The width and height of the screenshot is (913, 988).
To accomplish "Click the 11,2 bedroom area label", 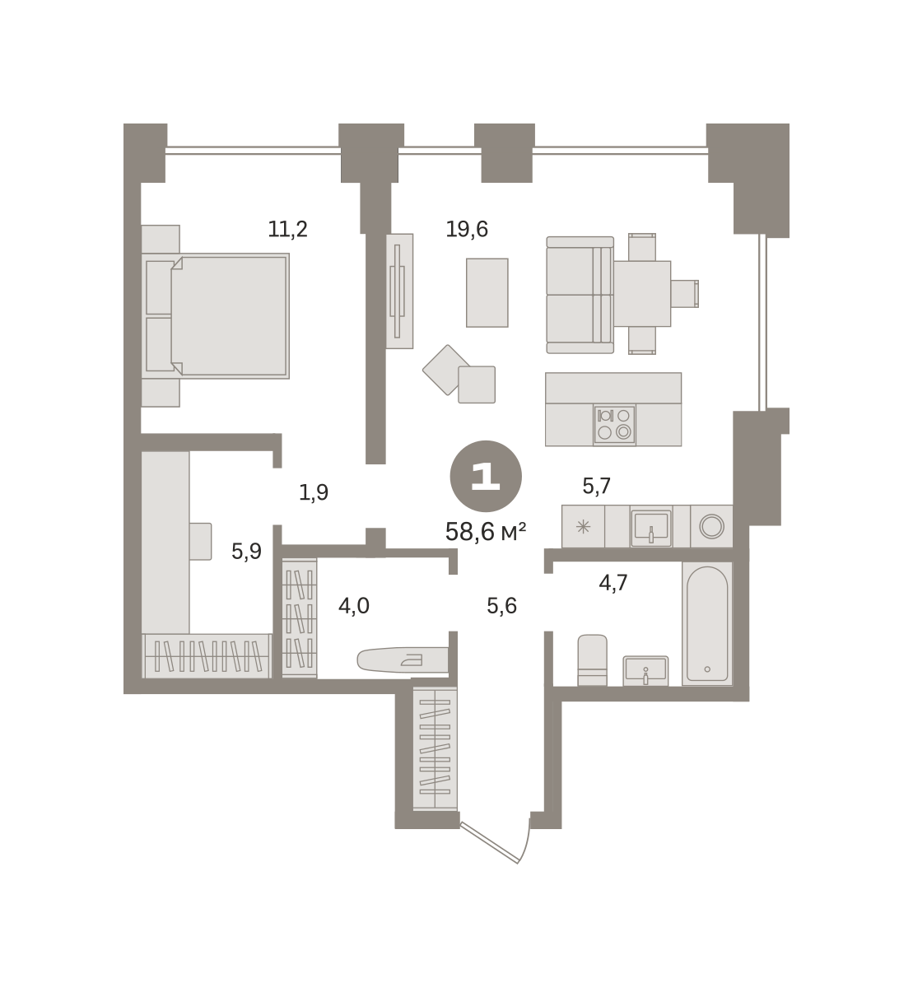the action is coord(287,230).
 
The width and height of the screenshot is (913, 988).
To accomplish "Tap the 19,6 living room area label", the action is coord(467,230).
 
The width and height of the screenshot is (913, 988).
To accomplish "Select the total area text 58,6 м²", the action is coord(486,532).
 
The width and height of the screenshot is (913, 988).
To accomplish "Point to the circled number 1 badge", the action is coord(486,476).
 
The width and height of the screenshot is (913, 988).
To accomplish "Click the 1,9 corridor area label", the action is coord(314,492).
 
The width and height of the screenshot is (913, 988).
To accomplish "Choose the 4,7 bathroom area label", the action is coord(613,583).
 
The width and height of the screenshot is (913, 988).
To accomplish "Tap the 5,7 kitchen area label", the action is coord(597,486).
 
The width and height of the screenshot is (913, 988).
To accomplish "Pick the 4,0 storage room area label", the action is coord(354,606).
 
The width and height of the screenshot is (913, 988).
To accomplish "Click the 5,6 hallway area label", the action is coord(501,606).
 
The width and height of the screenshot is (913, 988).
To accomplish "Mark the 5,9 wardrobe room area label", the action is coord(246,551).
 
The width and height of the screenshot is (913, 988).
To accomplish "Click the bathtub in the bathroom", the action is coord(707,624).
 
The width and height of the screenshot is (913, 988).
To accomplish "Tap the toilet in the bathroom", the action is coord(592,659).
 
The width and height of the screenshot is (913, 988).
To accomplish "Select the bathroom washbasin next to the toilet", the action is coord(645,671).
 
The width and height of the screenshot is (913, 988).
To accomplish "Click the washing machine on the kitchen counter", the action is coord(711,526).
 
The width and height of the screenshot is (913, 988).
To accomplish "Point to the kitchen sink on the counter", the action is coord(651,526).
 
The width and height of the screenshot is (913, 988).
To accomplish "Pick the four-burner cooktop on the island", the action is coord(614,425).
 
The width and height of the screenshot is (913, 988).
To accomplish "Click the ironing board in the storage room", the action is coord(403,659).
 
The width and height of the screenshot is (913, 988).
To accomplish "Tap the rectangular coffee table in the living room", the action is coord(487,292).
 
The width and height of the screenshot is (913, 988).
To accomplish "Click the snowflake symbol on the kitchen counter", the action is coord(583,526).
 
